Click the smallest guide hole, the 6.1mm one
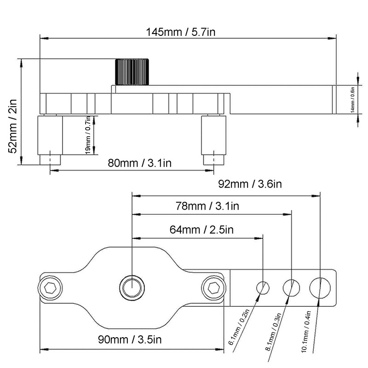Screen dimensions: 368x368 (263, 288)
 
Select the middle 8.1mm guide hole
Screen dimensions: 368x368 (291, 288)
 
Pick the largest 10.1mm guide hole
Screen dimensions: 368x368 (320, 287)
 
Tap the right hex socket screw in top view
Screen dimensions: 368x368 (213, 288)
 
